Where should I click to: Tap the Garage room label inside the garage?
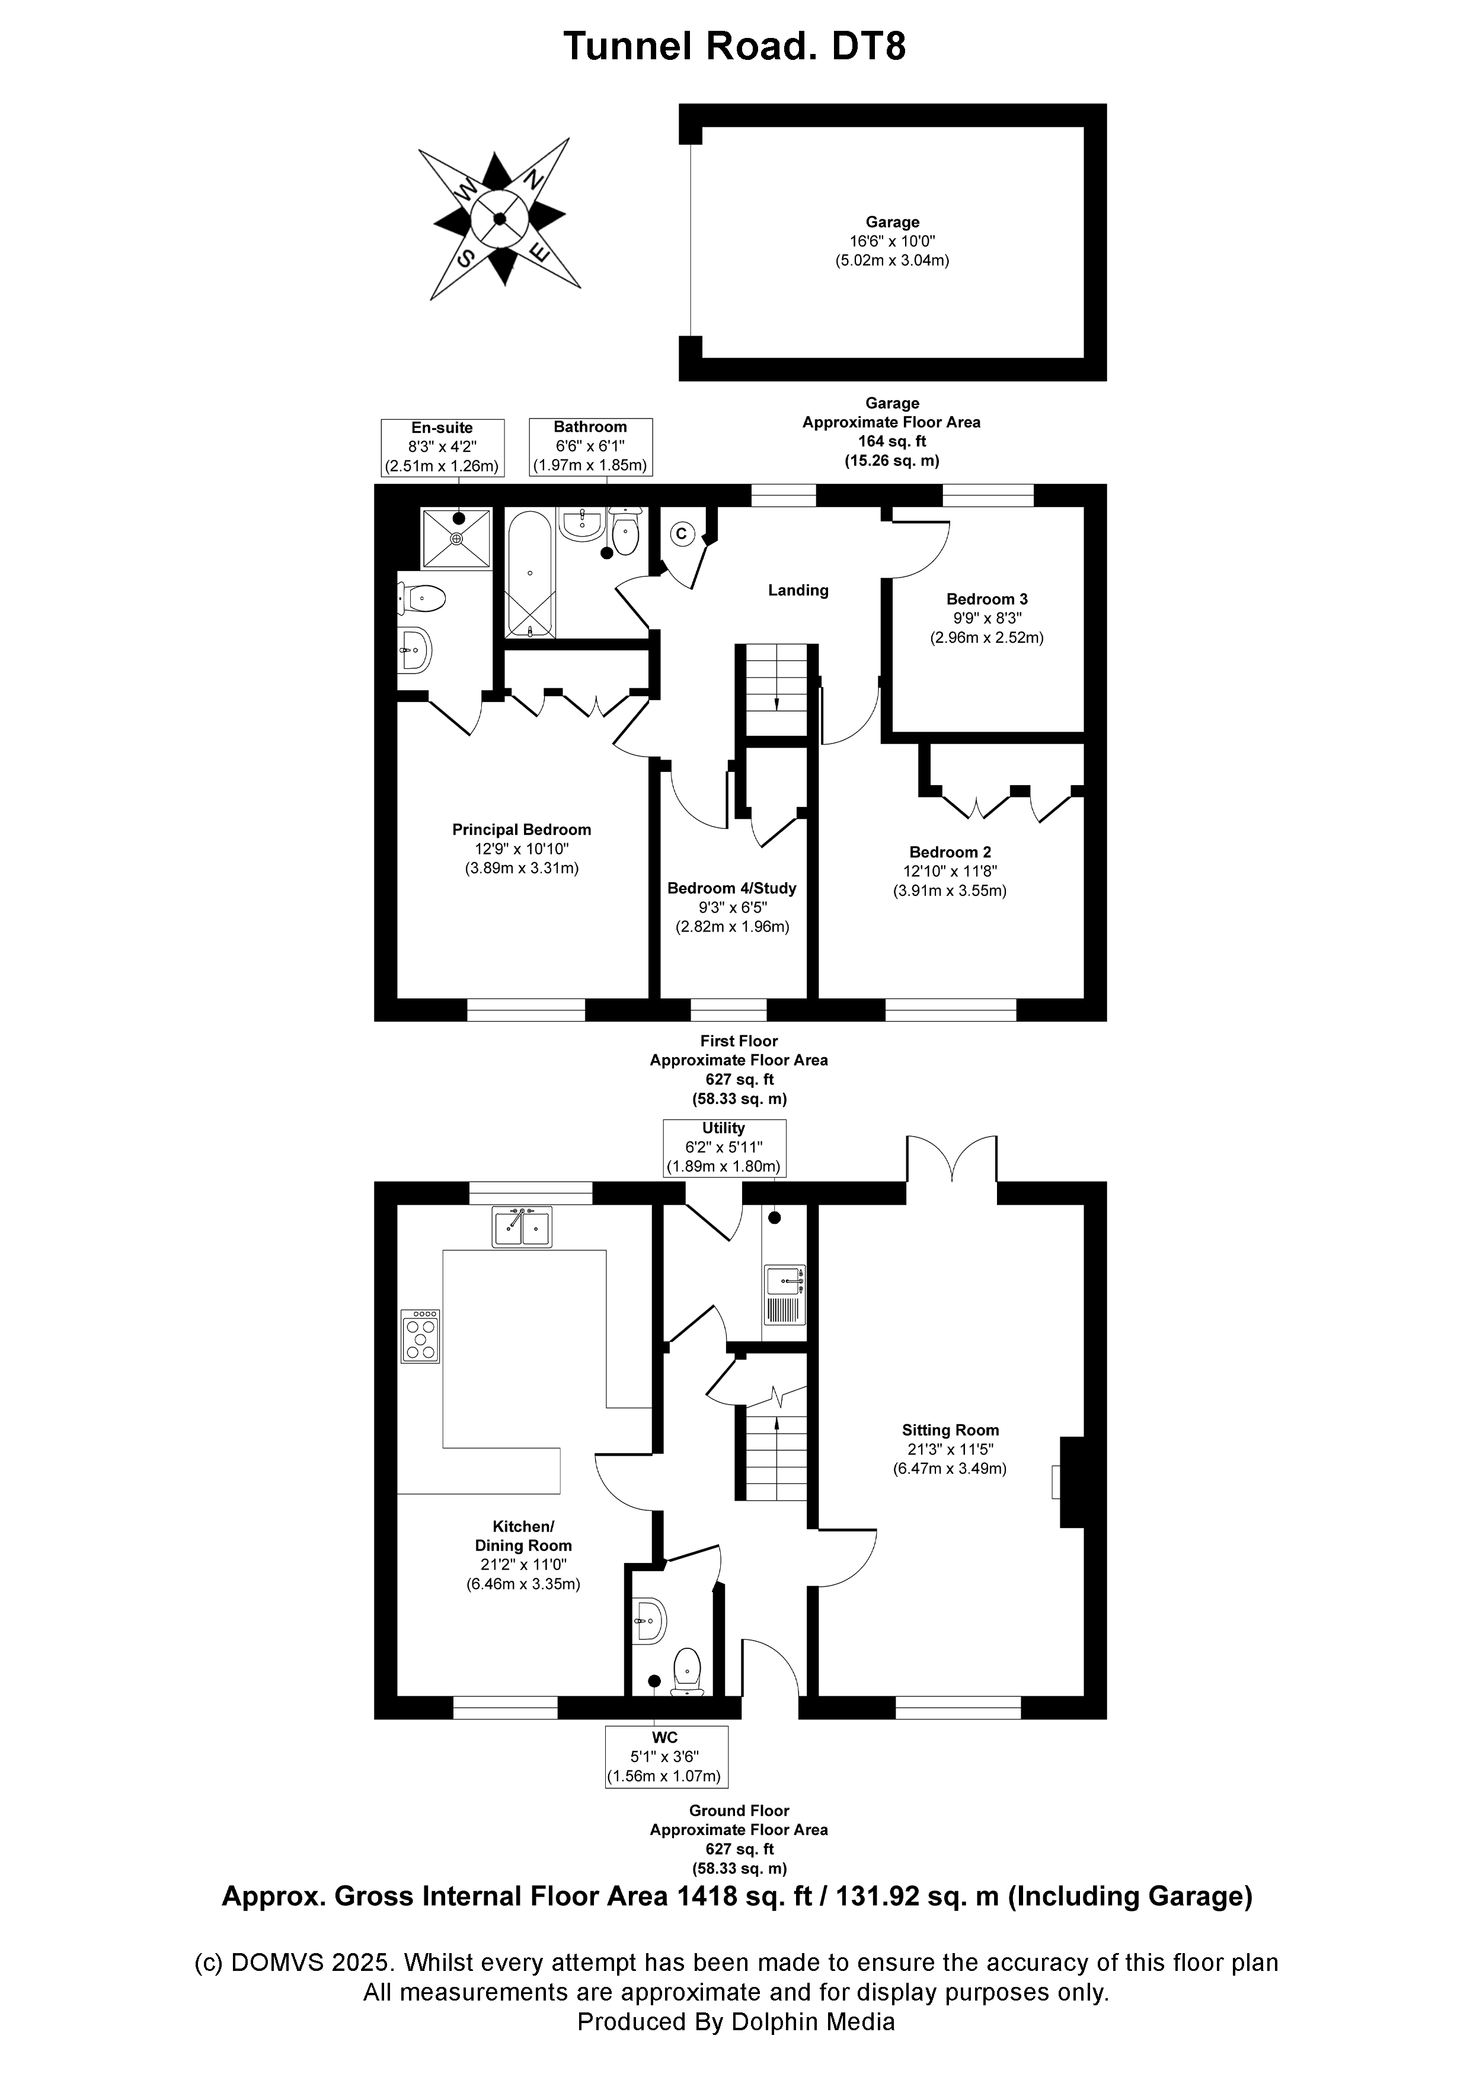click(x=892, y=222)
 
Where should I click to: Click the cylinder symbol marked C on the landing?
click(x=682, y=534)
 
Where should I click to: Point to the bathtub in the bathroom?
click(x=529, y=575)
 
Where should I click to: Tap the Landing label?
click(x=798, y=591)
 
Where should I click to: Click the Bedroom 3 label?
click(x=986, y=599)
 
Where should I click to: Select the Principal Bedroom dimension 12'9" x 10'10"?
click(x=522, y=849)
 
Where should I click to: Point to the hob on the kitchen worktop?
click(x=421, y=1336)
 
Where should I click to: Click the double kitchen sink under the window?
click(x=523, y=1227)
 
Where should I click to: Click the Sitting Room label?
click(x=950, y=1431)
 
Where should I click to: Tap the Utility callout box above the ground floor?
click(x=724, y=1147)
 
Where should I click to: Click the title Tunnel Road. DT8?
click(x=734, y=45)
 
